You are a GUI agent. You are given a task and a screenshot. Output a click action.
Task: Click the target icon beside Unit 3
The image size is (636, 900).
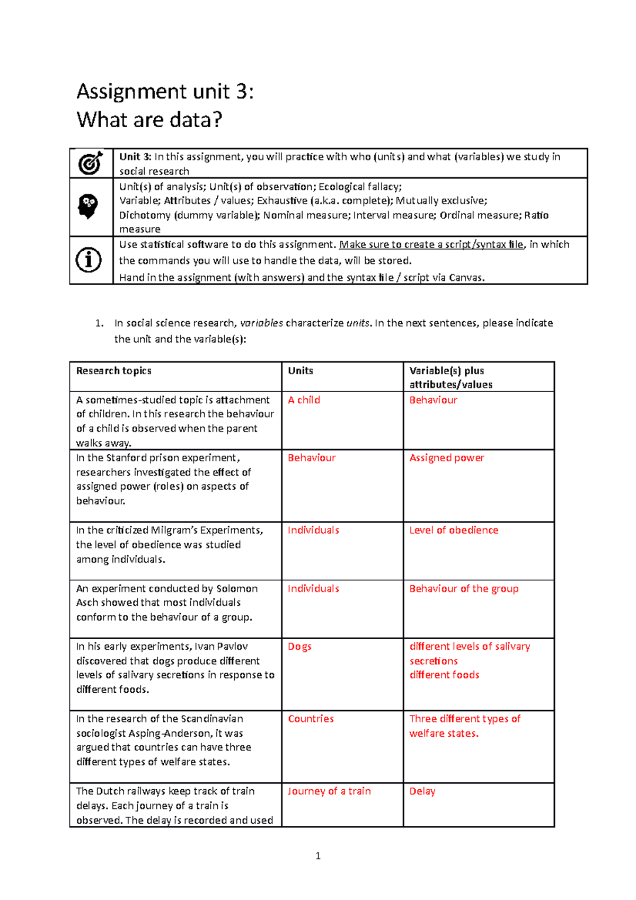(x=91, y=163)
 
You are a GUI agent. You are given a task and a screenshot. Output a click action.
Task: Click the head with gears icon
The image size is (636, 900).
(x=89, y=207)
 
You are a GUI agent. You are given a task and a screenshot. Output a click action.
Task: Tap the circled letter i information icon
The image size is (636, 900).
(x=89, y=260)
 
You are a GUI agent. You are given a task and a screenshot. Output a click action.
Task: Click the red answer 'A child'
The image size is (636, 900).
(x=304, y=400)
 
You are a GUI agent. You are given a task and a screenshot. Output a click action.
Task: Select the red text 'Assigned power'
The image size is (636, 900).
(x=446, y=458)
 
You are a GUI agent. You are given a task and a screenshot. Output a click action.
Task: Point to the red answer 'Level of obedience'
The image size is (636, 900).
(x=453, y=530)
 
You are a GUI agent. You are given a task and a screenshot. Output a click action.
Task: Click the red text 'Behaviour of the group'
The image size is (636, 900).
(x=463, y=588)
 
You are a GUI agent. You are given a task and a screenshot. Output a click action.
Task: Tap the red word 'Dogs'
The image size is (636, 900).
(x=299, y=647)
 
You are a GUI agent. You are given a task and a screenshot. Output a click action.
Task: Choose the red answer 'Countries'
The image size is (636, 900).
(x=311, y=719)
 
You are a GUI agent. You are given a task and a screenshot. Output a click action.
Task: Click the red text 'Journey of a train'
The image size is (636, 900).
(x=329, y=791)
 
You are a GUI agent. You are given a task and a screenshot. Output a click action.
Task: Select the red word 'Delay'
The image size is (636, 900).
(x=422, y=791)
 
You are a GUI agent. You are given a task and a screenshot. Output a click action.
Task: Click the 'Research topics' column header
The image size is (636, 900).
(x=113, y=371)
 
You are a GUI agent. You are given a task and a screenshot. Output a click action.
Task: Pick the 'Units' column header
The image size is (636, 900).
(x=300, y=371)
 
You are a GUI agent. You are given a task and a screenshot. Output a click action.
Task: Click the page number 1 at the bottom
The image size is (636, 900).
(x=317, y=856)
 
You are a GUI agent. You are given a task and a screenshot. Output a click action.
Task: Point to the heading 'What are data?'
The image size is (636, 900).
(x=149, y=120)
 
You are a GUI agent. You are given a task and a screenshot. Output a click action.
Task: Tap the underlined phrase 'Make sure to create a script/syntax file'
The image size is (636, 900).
(x=431, y=245)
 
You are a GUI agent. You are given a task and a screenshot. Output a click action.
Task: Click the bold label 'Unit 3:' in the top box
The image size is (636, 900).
(x=135, y=157)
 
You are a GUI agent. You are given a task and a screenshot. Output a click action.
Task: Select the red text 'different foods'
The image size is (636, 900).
(x=444, y=675)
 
